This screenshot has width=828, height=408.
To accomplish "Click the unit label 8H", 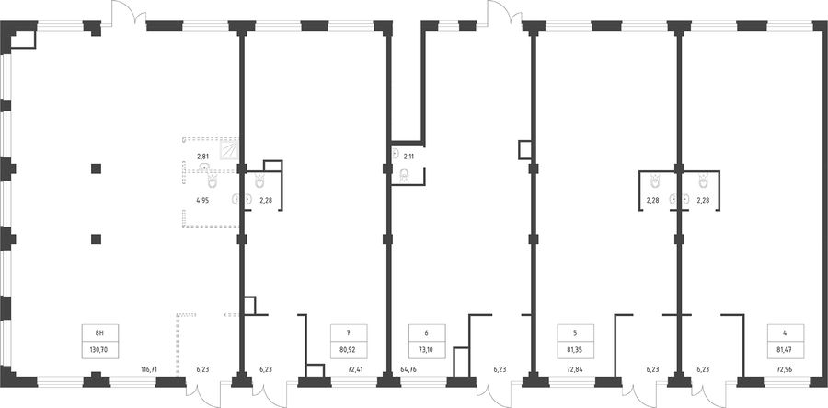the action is coord(99,333).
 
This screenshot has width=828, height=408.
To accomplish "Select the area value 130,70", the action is coord(99,349).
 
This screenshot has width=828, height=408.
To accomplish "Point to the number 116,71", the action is coord(148,369).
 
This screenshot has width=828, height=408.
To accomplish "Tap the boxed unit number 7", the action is coord(349,333).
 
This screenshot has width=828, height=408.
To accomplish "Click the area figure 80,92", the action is coord(349,349).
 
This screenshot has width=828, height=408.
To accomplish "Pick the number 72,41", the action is coord(365,369).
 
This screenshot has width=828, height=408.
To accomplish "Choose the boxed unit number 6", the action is coord(427,333).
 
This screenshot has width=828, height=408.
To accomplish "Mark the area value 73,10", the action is coord(427,349).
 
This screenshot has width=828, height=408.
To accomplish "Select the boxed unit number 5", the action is coord(576,333).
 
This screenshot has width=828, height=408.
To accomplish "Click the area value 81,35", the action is coord(576,349).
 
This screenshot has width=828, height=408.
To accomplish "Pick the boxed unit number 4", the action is coord(786,333).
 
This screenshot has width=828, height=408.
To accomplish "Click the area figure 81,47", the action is coord(786,349).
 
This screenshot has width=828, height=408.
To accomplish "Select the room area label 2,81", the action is coord(202,157).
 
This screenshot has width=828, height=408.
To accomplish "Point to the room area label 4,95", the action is coord(202,200).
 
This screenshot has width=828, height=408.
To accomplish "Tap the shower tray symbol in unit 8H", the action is coord(229,149).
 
